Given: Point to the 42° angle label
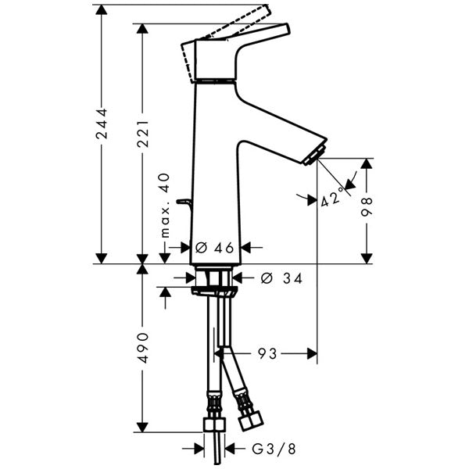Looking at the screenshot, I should click(332, 196).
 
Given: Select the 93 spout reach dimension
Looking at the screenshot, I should click(268, 354).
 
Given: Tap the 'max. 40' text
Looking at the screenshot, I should click(165, 206).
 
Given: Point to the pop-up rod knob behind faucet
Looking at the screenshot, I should click(184, 203).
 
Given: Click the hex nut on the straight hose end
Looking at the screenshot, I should click(213, 424).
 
